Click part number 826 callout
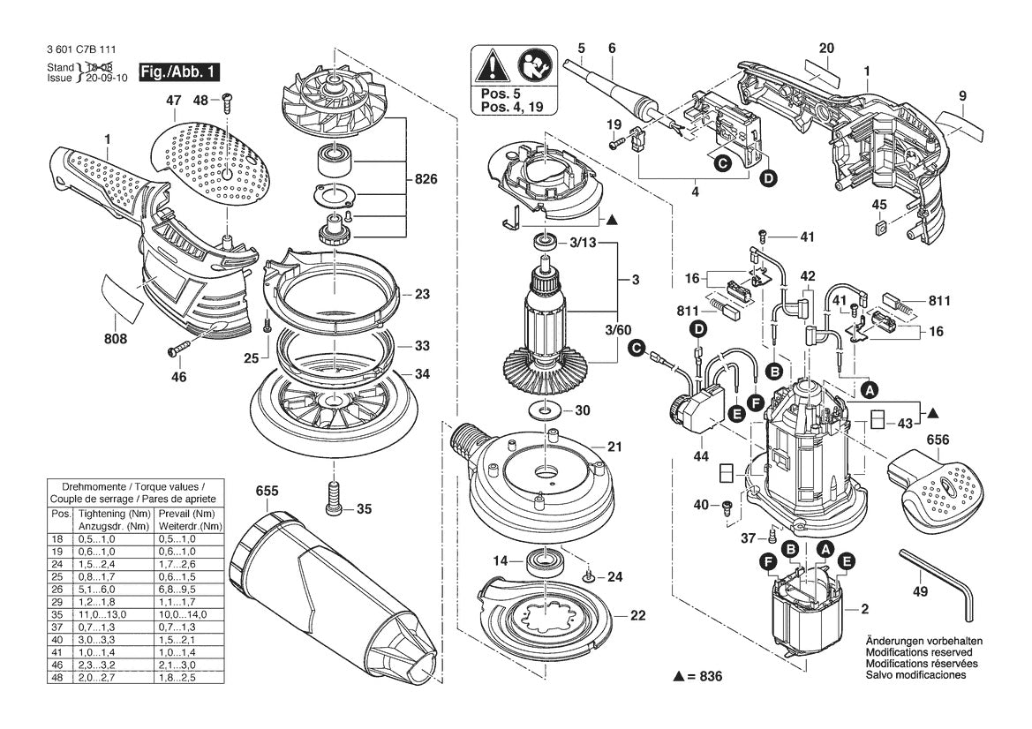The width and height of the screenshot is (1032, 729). (426, 180)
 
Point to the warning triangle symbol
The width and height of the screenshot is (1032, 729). (491, 65)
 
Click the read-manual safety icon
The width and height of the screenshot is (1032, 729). (533, 65)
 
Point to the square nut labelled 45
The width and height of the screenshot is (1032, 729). (879, 229)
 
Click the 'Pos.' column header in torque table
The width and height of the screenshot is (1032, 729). (61, 514)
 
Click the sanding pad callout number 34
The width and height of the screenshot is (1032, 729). (422, 374)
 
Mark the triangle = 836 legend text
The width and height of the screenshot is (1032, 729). (697, 676)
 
